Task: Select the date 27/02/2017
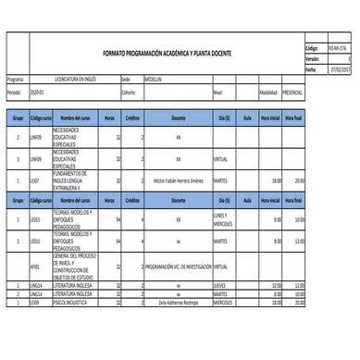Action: (x=340, y=68)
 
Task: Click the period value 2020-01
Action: (x=36, y=93)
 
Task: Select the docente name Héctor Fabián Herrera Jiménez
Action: (x=178, y=180)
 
